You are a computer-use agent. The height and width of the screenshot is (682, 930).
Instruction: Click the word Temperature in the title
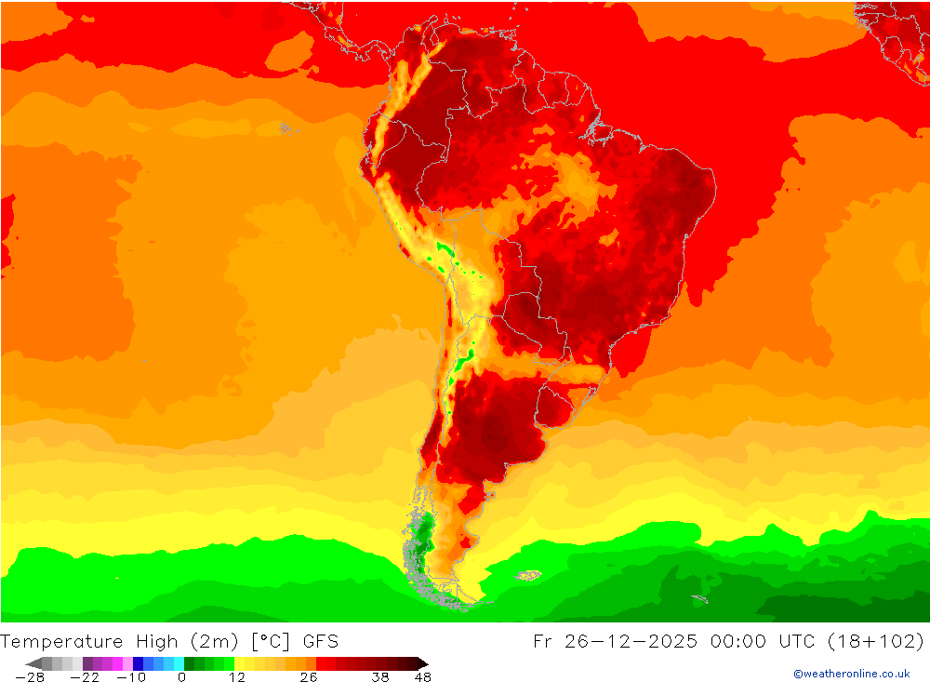pyautogui.click(x=61, y=641)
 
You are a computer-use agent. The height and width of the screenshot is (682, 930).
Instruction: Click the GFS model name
pyautogui.click(x=320, y=641)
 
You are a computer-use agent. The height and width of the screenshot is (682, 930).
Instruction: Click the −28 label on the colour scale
pyautogui.click(x=30, y=677)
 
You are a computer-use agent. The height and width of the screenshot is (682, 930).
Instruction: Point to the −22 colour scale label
pyautogui.click(x=84, y=677)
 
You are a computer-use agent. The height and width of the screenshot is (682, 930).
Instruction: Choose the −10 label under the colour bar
pyautogui.click(x=131, y=677)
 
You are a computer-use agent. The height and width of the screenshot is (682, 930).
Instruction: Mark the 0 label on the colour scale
pyautogui.click(x=181, y=677)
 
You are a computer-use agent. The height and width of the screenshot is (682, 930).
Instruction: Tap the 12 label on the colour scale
pyautogui.click(x=237, y=677)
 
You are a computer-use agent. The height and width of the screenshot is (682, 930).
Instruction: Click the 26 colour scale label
pyautogui.click(x=309, y=677)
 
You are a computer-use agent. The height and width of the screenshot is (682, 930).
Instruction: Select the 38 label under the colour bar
pyautogui.click(x=380, y=677)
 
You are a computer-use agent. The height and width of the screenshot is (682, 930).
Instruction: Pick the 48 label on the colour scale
pyautogui.click(x=422, y=677)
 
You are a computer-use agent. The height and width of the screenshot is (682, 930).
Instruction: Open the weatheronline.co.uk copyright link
pyautogui.click(x=851, y=674)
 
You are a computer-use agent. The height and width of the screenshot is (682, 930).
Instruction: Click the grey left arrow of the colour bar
pyautogui.click(x=33, y=663)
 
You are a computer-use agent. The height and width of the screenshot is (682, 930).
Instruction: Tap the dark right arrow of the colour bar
pyautogui.click(x=422, y=663)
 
